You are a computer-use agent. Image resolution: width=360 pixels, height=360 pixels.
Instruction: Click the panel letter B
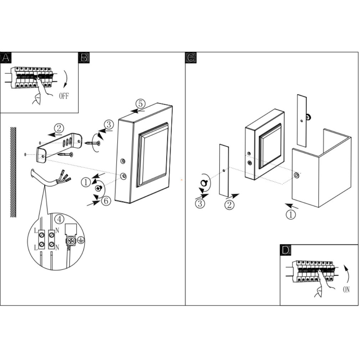[x=84, y=58]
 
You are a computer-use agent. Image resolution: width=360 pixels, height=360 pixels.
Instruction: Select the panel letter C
[x=191, y=58]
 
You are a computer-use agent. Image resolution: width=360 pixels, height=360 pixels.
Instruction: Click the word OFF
[x=63, y=96]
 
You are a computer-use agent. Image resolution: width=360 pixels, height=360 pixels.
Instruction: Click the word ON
[x=346, y=289]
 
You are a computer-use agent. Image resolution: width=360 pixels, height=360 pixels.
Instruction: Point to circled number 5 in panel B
[x=140, y=104]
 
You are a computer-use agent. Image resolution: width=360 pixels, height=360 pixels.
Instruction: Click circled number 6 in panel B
[x=106, y=201]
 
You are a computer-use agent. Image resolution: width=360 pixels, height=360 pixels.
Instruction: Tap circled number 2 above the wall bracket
[x=59, y=128]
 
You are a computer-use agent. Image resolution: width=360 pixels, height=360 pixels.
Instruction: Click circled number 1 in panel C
[x=291, y=215]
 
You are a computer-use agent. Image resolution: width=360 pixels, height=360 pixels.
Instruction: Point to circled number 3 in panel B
[x=109, y=124]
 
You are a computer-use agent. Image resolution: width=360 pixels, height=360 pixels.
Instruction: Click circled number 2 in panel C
[x=230, y=205]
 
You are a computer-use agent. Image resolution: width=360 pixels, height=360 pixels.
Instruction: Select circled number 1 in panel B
[x=86, y=182]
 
